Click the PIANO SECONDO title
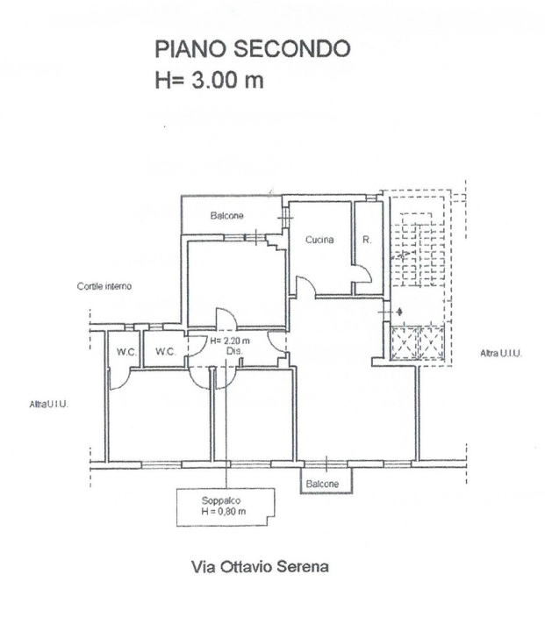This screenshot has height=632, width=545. (253, 49)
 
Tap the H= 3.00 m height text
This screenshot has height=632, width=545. (209, 80)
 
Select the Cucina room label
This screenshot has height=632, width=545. (319, 240)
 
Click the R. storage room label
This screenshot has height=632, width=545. (367, 240)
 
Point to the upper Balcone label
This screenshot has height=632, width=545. (227, 216)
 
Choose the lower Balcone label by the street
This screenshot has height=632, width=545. (322, 484)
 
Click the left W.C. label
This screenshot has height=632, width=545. (127, 352)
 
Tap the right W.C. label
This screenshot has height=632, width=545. (166, 352)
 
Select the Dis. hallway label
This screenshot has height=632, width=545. (234, 351)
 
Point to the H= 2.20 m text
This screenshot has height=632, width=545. (230, 341)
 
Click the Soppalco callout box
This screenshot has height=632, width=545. (226, 507)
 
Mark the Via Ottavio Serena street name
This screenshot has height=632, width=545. (260, 567)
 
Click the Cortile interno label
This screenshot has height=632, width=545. (104, 286)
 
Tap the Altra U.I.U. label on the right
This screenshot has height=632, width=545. (501, 354)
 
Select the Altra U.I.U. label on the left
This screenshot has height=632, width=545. (49, 404)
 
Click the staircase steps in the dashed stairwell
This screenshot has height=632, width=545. (420, 250)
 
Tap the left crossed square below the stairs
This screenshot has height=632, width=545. (405, 343)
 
